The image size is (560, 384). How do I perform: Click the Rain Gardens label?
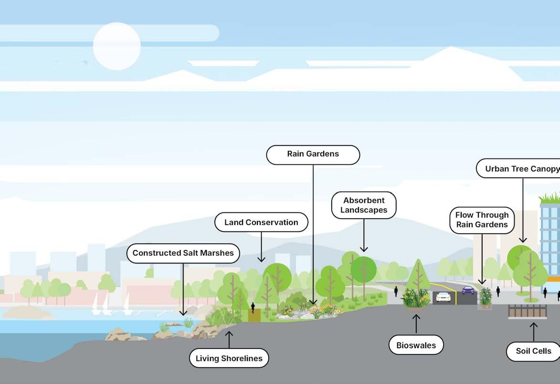313,154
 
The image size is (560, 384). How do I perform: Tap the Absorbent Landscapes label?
364,205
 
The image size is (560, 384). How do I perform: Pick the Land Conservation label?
261,222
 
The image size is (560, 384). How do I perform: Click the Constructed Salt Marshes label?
183,253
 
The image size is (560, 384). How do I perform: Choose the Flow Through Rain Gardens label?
482,220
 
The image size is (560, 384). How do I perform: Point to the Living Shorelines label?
229,358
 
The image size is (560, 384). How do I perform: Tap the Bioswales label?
416,345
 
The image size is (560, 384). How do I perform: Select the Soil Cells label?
533,351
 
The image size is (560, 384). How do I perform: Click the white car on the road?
443,297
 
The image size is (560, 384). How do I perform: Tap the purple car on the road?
468,290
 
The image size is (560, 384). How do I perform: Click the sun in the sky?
116,46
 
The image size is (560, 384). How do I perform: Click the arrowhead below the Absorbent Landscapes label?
364,249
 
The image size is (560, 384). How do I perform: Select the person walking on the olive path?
253,307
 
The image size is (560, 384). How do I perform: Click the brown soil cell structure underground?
527,311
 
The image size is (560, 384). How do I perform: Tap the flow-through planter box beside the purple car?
485,299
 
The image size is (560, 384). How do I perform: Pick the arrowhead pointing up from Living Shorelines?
229,332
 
